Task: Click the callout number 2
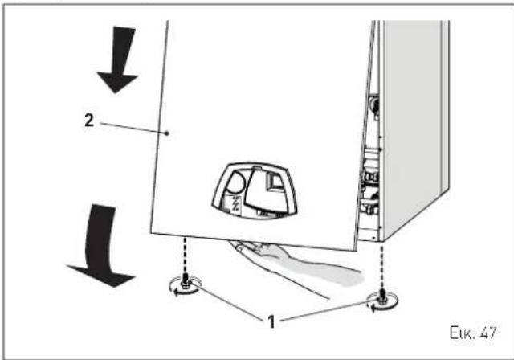[89, 121]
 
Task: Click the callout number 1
[271, 321]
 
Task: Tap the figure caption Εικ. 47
[473, 333]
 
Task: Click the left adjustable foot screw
[185, 282]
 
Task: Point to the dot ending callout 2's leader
[167, 133]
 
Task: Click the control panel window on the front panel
[254, 190]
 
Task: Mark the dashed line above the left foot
[186, 256]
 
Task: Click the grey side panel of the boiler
[414, 128]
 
